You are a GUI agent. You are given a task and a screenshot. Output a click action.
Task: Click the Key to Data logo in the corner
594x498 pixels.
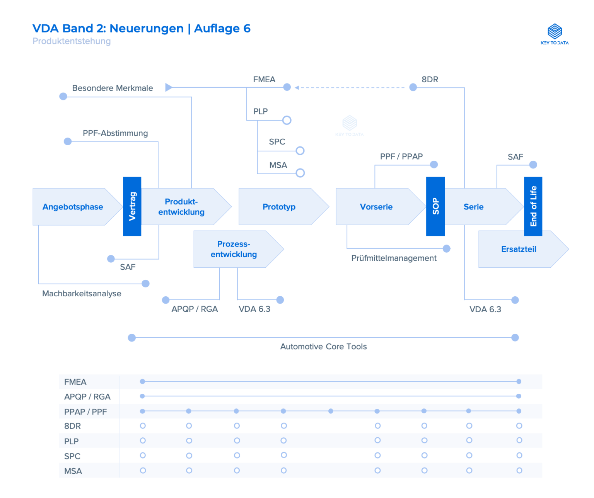[555, 34]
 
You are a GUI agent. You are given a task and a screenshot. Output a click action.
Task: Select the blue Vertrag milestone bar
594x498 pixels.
[132, 206]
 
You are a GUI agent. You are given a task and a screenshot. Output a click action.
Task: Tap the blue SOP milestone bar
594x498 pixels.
[435, 206]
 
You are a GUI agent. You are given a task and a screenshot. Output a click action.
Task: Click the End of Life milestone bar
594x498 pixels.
[533, 206]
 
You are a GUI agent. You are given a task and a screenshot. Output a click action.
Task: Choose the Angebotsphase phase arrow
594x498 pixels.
[73, 207]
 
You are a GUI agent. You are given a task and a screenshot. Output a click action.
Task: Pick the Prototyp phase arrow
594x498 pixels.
[279, 207]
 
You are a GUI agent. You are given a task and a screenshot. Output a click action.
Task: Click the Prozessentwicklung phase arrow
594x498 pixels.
[234, 249]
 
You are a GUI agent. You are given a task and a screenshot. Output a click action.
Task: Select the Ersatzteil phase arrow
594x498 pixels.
[519, 249]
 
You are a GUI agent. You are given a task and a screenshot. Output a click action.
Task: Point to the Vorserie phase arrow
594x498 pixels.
[376, 207]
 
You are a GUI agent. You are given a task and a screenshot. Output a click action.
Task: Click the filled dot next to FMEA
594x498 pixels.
[287, 87]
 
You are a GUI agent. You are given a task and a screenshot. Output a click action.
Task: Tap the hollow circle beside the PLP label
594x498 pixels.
[287, 120]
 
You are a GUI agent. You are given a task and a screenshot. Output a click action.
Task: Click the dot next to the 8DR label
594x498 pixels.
[413, 87]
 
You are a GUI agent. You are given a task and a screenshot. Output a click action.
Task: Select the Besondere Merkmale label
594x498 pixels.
[113, 88]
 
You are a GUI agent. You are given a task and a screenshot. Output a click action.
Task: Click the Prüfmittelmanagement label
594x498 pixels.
[394, 258]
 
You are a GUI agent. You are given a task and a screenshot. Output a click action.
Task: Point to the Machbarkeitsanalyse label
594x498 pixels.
[82, 294]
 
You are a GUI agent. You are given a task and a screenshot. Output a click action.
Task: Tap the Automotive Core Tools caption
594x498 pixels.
[323, 347]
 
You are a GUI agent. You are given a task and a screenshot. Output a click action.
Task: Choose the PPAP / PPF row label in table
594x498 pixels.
[85, 412]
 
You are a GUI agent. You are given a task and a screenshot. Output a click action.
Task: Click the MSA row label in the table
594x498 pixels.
[73, 471]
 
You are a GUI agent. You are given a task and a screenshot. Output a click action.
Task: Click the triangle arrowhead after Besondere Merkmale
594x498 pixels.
[169, 87]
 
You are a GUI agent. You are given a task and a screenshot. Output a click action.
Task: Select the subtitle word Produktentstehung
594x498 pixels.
[72, 41]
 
